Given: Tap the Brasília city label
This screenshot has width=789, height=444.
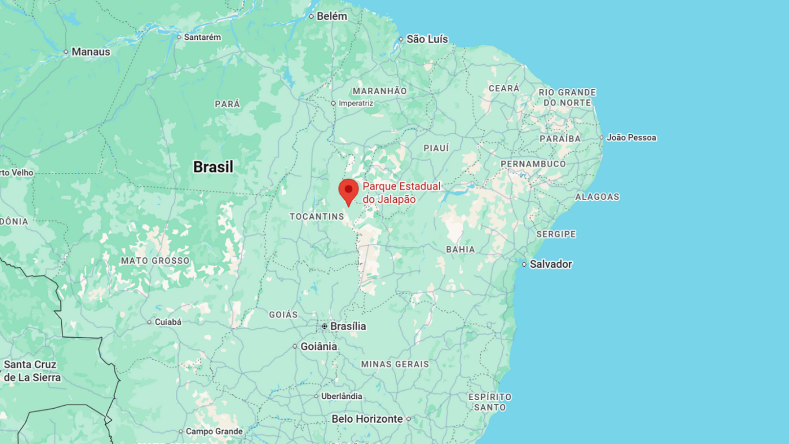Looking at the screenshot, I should point(348,327).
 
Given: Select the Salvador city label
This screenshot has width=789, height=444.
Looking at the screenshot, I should point(551,264).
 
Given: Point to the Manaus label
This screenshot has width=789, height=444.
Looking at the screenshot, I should point(91,52).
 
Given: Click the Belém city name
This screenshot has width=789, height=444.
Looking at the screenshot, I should point(332,16).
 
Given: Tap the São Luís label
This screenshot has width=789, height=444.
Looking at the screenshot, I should point(427,39).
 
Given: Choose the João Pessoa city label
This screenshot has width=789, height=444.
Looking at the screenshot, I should point(631,138).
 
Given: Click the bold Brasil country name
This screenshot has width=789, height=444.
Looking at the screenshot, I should point(213,167).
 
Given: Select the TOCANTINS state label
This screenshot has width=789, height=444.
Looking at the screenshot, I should point(316,216).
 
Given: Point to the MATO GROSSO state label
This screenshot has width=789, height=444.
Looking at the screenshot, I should point(155,261).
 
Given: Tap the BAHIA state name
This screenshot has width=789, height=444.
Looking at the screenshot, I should point(460,250).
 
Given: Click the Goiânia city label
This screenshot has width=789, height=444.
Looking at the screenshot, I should point(318,347).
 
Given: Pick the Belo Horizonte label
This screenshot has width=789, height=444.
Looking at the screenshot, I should point(367,419).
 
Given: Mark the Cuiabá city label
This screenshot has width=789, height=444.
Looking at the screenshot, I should point(168,322).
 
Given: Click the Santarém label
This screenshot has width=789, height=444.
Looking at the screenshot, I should point(202,37).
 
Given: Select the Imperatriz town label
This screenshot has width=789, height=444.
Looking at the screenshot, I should point(356,103).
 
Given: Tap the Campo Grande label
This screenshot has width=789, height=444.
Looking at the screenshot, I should point(214,431).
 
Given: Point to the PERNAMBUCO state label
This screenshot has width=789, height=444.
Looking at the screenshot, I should point(533,164).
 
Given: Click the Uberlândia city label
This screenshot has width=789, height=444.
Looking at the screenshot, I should point(342,397).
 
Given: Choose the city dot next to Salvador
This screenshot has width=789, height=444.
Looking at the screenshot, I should point(524,264).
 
